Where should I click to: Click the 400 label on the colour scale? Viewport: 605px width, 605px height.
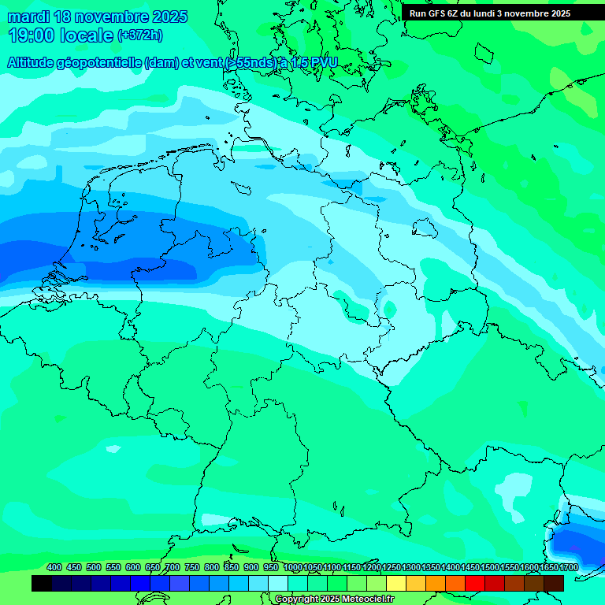54,567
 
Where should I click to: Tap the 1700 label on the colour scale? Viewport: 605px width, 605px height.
569,567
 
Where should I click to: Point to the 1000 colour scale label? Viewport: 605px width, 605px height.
293,567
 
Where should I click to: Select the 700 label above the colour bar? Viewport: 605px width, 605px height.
173,567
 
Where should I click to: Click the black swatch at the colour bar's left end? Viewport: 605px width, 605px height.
42,584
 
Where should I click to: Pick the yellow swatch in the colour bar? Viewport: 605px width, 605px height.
396,584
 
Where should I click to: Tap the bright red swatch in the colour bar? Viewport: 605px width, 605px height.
475,584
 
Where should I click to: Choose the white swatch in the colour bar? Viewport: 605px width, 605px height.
278,584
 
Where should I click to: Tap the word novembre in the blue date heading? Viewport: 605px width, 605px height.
110,17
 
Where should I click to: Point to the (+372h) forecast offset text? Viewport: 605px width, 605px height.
140,35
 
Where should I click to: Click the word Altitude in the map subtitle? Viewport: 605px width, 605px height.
33,63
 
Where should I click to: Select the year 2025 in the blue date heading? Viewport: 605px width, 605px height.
169,17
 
